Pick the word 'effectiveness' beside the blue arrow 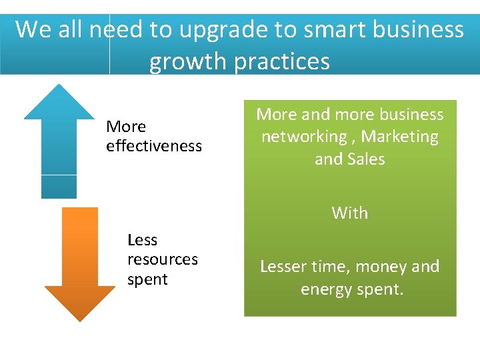[154, 146]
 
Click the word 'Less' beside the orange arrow [142, 240]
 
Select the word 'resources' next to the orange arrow [163, 259]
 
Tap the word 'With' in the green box [350, 213]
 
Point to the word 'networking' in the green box [303, 137]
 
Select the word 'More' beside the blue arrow [126, 127]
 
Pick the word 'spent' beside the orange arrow [147, 280]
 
